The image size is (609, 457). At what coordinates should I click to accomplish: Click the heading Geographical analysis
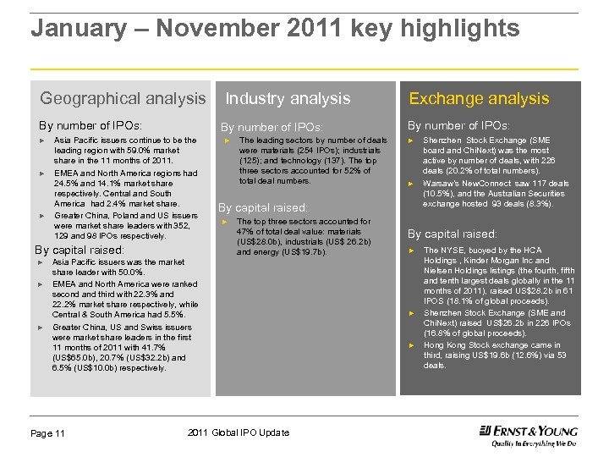123,99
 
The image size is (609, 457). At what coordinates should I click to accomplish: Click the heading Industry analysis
288,99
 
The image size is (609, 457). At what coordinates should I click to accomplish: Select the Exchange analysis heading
479,99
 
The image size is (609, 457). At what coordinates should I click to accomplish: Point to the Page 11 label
48,434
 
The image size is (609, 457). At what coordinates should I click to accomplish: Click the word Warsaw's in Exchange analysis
441,183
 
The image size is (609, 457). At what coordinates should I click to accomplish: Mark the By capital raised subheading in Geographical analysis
79,250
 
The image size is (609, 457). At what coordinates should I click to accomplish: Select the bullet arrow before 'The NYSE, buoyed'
411,251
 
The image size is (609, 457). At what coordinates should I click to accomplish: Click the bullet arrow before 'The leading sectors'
228,140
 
